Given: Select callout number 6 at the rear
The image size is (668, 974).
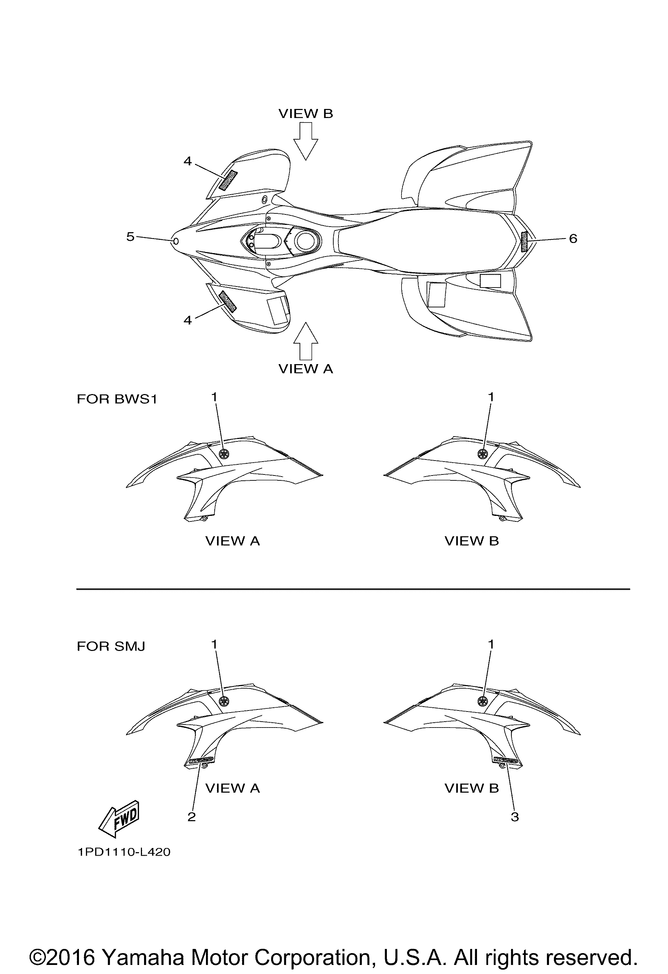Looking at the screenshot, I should coord(573,238).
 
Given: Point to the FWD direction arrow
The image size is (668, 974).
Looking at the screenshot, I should coord(119,816).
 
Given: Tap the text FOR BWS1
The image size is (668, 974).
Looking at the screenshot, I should coord(117,399).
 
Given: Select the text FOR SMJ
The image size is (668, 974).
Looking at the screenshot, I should coord(111,646).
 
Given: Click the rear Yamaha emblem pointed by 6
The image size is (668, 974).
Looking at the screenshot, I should coord(524,241).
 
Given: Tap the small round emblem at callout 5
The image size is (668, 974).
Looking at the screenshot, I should coord(176,241).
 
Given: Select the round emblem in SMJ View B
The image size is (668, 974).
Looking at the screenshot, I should coord(483,701).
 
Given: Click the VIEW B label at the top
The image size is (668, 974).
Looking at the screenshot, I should coord(305,113).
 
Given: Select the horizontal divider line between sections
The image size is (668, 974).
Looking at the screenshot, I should coord(353,589).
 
